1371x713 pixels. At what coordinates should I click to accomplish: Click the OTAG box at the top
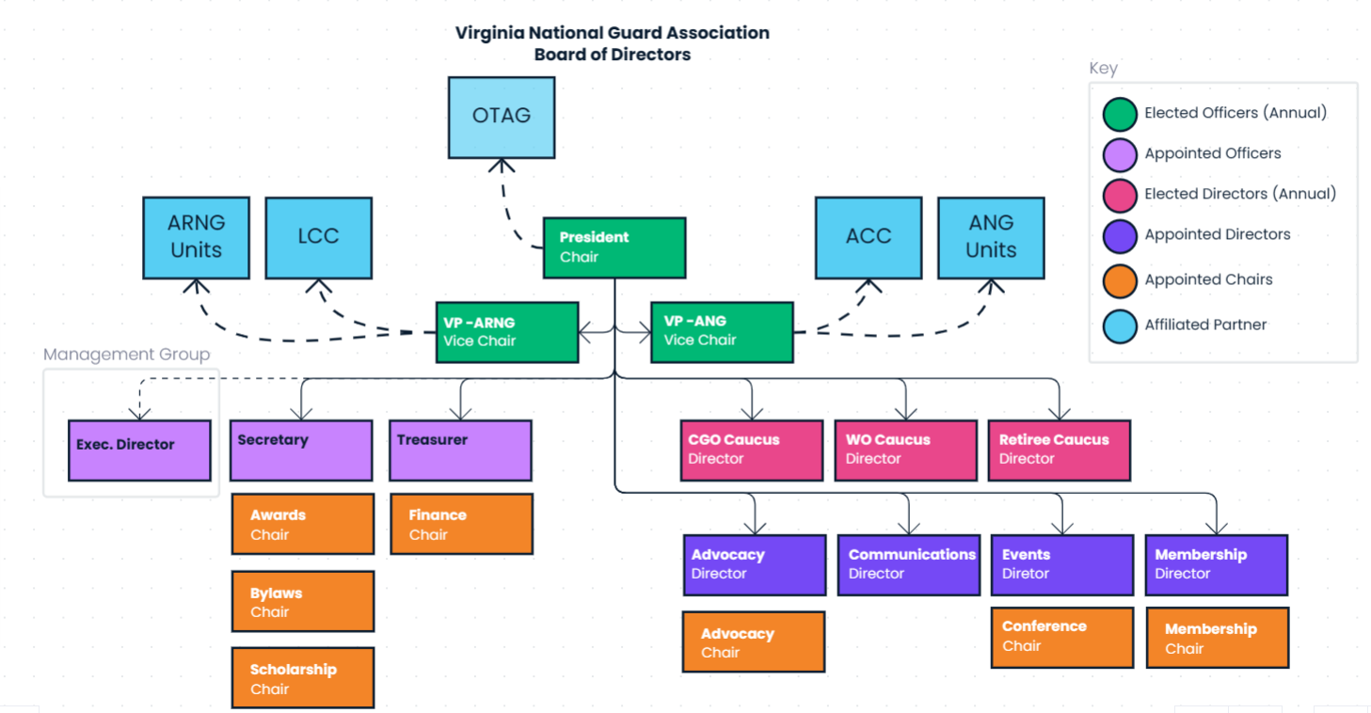pos(502,117)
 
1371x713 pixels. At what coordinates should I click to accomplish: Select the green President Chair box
pos(614,247)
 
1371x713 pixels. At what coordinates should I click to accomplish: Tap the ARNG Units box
pos(196,237)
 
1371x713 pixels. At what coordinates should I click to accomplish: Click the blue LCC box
pos(318,237)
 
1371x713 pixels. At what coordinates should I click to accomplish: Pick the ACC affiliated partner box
pos(868,237)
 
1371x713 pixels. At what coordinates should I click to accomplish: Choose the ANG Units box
pos(991,237)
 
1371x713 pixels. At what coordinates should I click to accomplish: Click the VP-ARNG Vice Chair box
pos(506,332)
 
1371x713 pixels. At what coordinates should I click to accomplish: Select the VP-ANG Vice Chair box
pos(721,332)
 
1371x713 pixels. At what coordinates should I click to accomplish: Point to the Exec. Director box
pos(139,451)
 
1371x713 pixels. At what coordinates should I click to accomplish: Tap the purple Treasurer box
pos(460,451)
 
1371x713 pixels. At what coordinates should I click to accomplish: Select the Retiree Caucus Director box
pos(1059,451)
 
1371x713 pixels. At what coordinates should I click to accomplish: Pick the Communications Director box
pos(908,564)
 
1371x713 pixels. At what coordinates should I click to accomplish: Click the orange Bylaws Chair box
pos(302,602)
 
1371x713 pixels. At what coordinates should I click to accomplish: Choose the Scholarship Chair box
pos(302,678)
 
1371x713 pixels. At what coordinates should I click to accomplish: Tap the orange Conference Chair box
pos(1061,637)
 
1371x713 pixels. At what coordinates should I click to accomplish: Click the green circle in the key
pos(1120,113)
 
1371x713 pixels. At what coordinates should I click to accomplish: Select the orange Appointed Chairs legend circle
pos(1120,279)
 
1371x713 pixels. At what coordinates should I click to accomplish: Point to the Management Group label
pos(127,355)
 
